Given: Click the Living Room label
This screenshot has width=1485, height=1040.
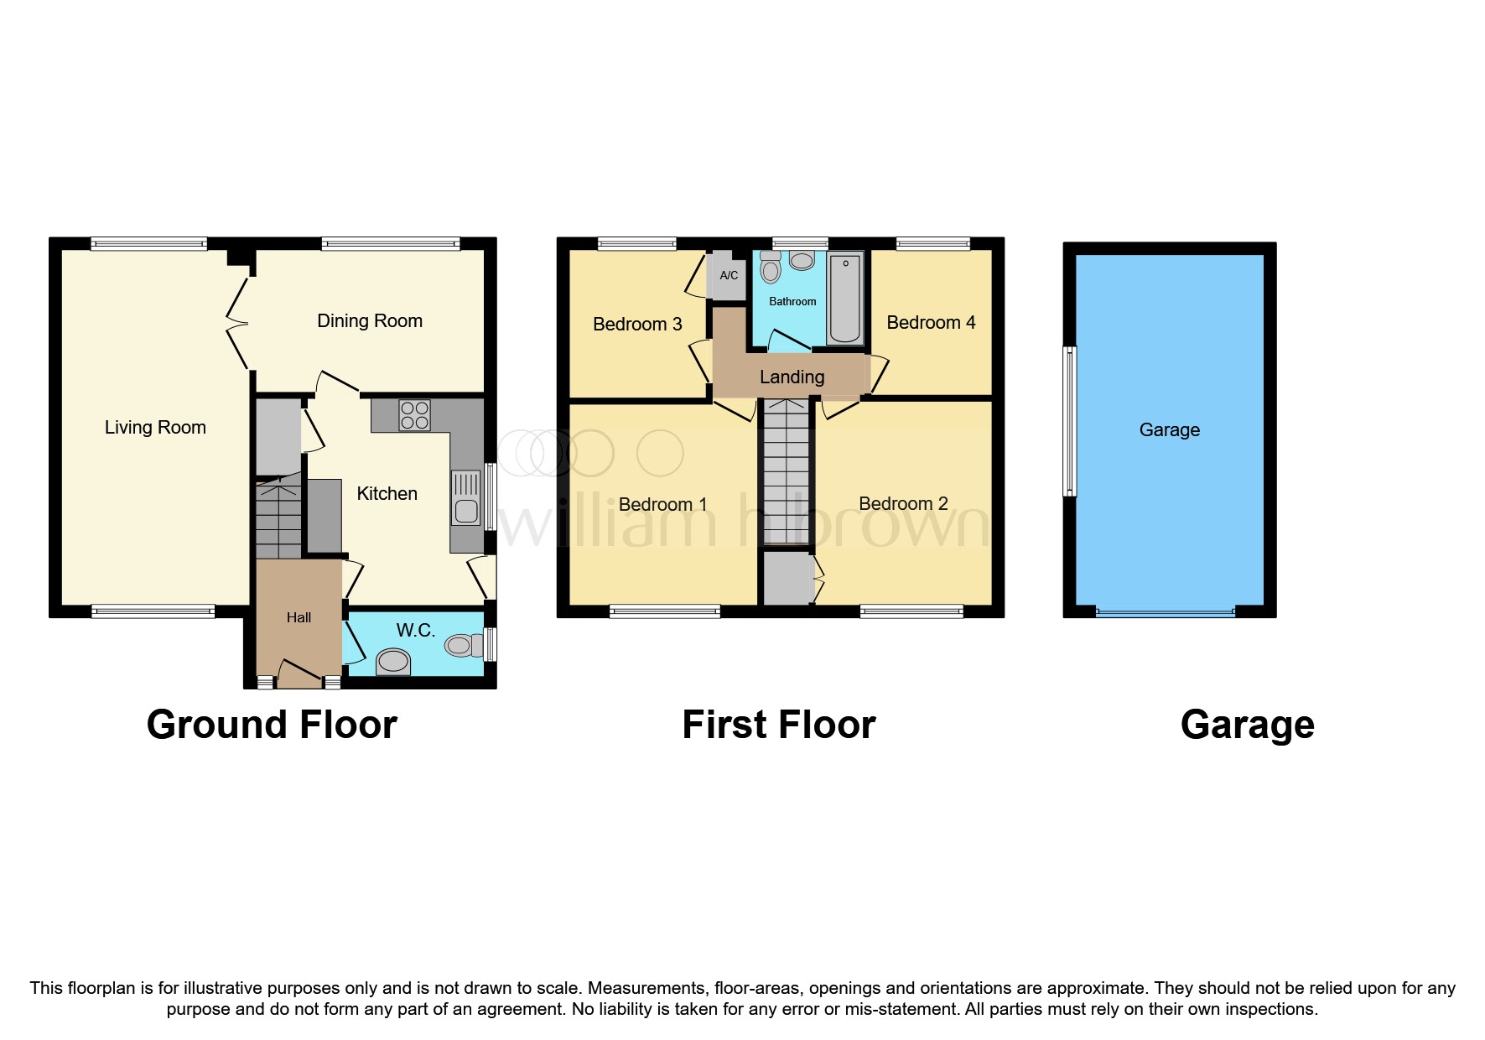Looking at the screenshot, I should click(x=155, y=428).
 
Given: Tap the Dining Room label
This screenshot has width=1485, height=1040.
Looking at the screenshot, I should click(x=369, y=321).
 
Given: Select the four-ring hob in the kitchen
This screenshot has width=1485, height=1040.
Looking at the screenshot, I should click(x=415, y=415).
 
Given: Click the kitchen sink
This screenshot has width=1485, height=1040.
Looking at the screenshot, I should click(x=466, y=498).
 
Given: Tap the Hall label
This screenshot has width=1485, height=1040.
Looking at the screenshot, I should click(x=299, y=618).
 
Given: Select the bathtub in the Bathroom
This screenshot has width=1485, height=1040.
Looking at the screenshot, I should click(x=844, y=299).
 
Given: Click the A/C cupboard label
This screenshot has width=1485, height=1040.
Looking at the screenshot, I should click(x=729, y=275).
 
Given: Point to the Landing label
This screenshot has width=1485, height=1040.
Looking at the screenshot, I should click(x=792, y=377).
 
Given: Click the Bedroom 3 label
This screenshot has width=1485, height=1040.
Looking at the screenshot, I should click(x=637, y=325).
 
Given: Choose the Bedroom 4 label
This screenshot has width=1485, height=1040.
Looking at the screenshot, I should click(x=931, y=323).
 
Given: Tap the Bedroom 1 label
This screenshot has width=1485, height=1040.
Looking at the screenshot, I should click(x=662, y=505).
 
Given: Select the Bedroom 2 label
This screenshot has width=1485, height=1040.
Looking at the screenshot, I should click(x=903, y=504).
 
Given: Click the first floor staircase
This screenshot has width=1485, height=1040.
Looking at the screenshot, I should click(x=786, y=474).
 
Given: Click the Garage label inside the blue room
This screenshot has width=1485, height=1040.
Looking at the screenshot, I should click(x=1169, y=430).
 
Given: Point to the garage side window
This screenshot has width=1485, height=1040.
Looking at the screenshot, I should click(x=1069, y=421).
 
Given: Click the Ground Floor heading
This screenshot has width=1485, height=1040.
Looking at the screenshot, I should click(x=272, y=725).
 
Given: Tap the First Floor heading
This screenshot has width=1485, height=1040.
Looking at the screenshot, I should click(x=778, y=725).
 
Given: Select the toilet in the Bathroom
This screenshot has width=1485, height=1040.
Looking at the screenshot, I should click(x=771, y=267).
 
